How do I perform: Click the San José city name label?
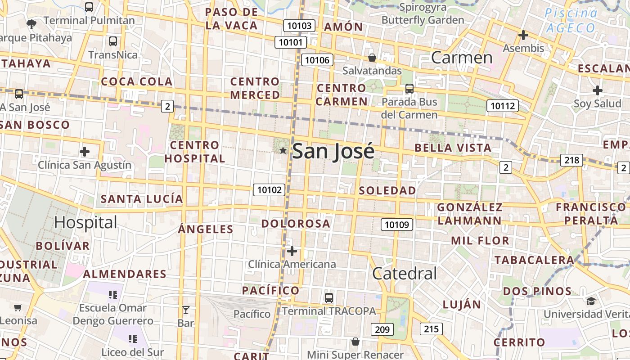pos(333,151)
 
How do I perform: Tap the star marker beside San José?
pos(283,150)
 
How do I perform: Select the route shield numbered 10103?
pos(299,26)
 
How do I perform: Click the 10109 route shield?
pos(397,224)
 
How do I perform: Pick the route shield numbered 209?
pos(382,329)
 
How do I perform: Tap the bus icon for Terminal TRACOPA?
pos(329,298)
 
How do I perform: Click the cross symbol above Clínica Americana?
pos(292,251)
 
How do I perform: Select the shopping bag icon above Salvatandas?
pos(372,58)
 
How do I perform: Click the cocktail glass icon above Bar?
pos(185,310)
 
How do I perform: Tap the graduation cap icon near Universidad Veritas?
pos(591,301)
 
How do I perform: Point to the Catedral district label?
pos(405,273)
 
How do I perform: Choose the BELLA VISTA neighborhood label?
pos(453,148)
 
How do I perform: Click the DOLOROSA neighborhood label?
pos(296,224)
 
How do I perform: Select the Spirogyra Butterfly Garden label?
pos(423,13)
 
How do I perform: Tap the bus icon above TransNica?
pos(113,41)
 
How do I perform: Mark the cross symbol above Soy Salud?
pos(597,90)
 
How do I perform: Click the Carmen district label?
pos(462,58)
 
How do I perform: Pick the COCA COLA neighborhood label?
pos(136,81)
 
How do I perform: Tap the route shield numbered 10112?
pos(502,106)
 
